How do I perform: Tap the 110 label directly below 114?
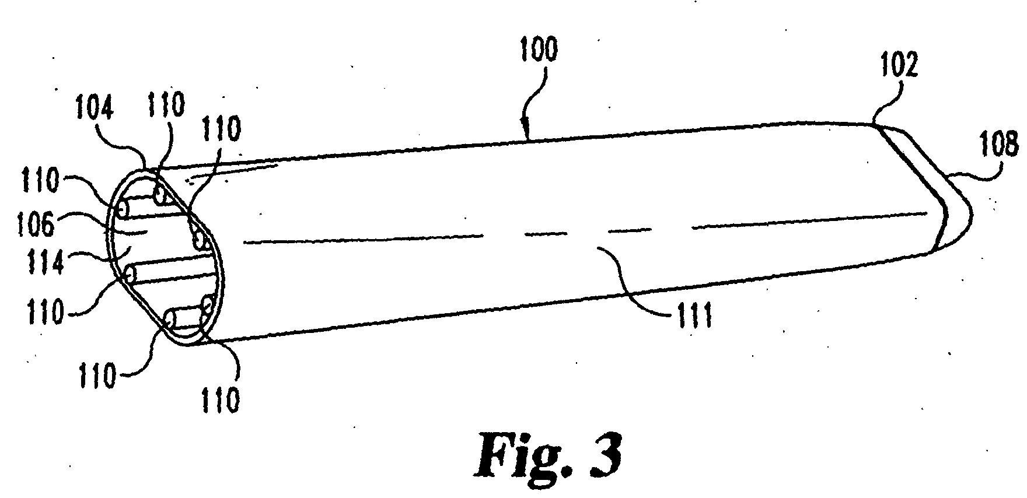tap(47, 311)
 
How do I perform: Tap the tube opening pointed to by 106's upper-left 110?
tap(123, 208)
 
